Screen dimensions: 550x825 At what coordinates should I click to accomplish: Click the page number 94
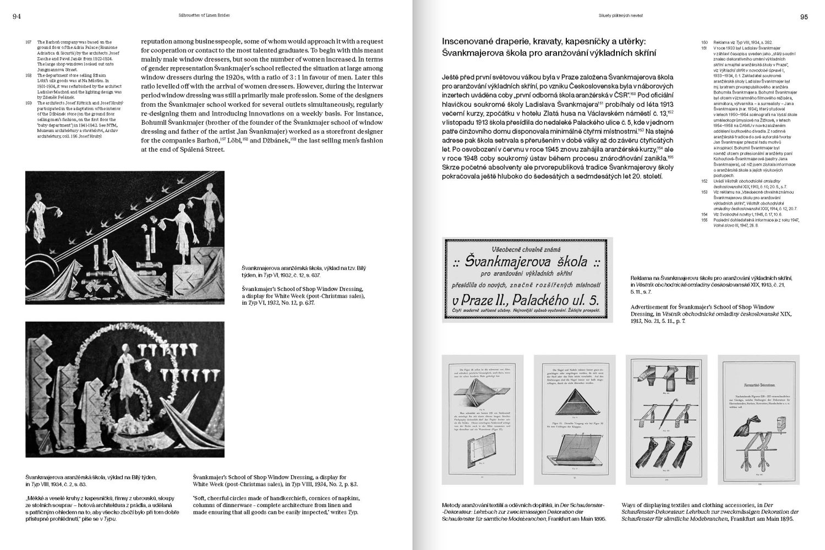click(x=17, y=16)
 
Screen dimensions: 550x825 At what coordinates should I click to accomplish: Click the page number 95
click(x=804, y=16)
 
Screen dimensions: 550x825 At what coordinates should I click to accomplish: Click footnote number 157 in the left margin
click(x=29, y=42)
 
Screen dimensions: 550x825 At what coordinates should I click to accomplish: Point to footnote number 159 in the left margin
click(x=29, y=102)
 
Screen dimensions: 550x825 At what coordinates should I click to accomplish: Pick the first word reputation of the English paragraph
click(x=160, y=41)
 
